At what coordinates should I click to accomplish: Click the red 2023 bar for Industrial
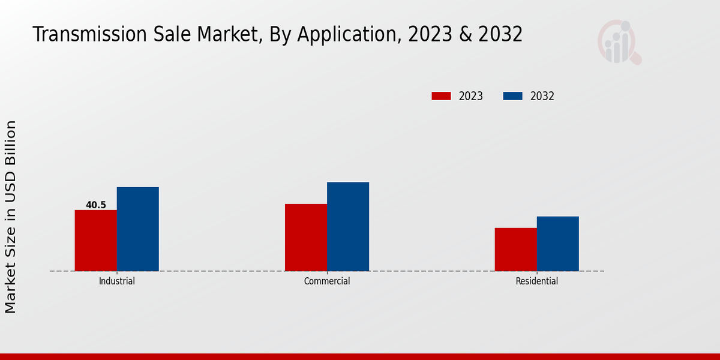click(96, 240)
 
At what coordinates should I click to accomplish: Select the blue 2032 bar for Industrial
click(138, 229)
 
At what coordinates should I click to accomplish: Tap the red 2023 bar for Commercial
click(306, 237)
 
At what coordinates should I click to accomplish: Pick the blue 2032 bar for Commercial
click(348, 226)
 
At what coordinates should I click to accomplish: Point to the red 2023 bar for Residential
click(516, 249)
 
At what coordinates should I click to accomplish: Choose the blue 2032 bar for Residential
click(558, 244)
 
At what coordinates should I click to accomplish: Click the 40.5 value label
click(96, 205)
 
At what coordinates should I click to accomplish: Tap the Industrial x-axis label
click(117, 281)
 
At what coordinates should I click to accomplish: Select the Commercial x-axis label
click(327, 281)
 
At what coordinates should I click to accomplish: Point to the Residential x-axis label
click(537, 281)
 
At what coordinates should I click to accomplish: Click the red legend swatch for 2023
click(441, 96)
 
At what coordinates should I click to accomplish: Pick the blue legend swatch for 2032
click(512, 96)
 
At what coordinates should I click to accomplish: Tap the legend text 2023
click(471, 96)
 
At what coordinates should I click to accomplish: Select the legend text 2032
click(542, 96)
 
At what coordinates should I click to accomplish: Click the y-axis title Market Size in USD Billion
click(11, 216)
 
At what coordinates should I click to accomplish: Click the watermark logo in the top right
click(619, 41)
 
